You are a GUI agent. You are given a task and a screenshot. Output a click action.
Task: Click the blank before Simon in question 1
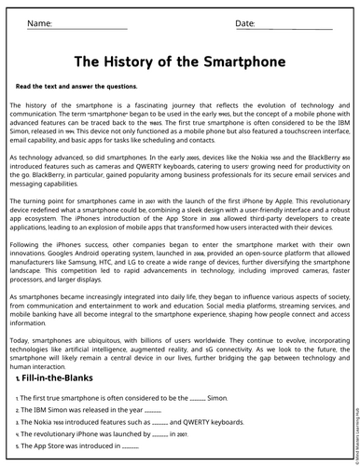tap(197, 398)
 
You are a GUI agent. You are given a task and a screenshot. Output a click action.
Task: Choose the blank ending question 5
tap(130, 446)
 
